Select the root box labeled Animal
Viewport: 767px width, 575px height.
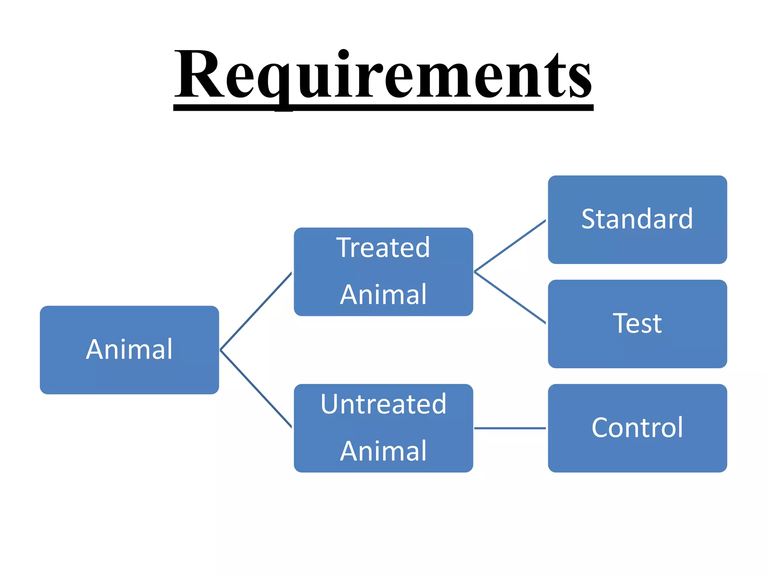point(129,350)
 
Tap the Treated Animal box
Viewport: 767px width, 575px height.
point(383,271)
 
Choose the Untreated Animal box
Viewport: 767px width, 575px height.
point(383,428)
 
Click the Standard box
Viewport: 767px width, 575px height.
point(637,219)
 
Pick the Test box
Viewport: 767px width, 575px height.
point(637,323)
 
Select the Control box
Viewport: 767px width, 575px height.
point(637,428)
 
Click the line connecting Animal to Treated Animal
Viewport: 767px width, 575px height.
point(256,311)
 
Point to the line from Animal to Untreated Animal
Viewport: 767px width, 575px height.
point(256,389)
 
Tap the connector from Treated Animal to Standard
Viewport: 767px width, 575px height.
point(510,246)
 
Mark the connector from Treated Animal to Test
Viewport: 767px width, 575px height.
point(510,297)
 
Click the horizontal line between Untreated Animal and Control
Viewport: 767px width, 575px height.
point(510,428)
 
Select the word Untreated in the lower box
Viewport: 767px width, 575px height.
point(383,404)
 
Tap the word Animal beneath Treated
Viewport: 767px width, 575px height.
point(383,295)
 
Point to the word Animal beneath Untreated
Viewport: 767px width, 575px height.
point(383,451)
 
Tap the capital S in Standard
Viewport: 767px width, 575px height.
point(589,219)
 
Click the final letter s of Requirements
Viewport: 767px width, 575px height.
point(580,80)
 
